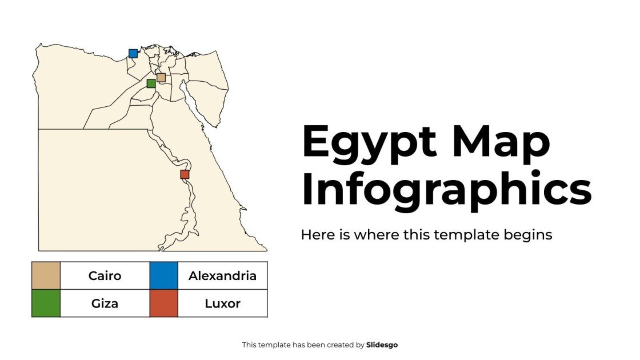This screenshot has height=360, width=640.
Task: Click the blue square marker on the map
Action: click(x=133, y=54)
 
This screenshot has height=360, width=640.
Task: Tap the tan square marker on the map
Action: click(x=161, y=78)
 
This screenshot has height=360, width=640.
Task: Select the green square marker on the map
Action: click(x=151, y=83)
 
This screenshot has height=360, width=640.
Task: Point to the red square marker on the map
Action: click(x=185, y=174)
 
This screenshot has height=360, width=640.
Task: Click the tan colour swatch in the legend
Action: click(x=46, y=275)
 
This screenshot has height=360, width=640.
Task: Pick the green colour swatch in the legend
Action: click(x=46, y=303)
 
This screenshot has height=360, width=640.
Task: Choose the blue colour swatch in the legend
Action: click(x=164, y=275)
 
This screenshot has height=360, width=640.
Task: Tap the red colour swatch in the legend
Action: click(x=164, y=303)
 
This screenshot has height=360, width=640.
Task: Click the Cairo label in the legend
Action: click(x=105, y=276)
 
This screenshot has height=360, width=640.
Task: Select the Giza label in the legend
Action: click(x=105, y=303)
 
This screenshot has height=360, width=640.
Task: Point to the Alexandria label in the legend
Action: click(x=222, y=276)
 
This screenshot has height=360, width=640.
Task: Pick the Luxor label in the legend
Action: click(x=222, y=303)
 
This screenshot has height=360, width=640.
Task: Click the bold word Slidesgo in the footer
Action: click(x=382, y=345)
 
